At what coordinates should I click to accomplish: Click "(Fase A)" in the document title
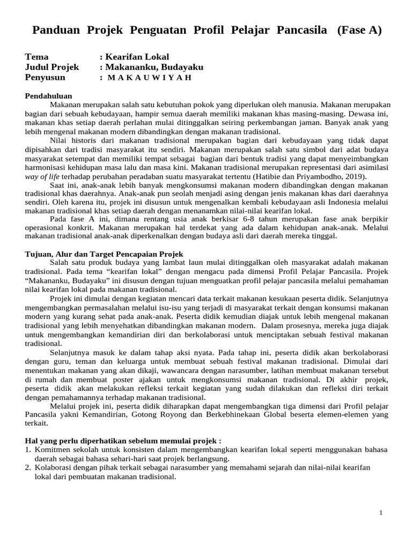(359, 31)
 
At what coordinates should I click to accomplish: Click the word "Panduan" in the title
(55, 31)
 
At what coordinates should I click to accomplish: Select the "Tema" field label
(37, 57)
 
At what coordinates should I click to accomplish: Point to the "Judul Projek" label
(52, 67)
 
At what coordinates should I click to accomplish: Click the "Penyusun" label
(45, 77)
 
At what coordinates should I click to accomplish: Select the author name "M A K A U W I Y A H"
(149, 77)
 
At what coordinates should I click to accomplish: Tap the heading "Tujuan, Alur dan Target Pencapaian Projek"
(105, 254)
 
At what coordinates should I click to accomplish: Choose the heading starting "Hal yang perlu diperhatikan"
(123, 440)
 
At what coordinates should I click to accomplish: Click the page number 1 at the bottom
(381, 513)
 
